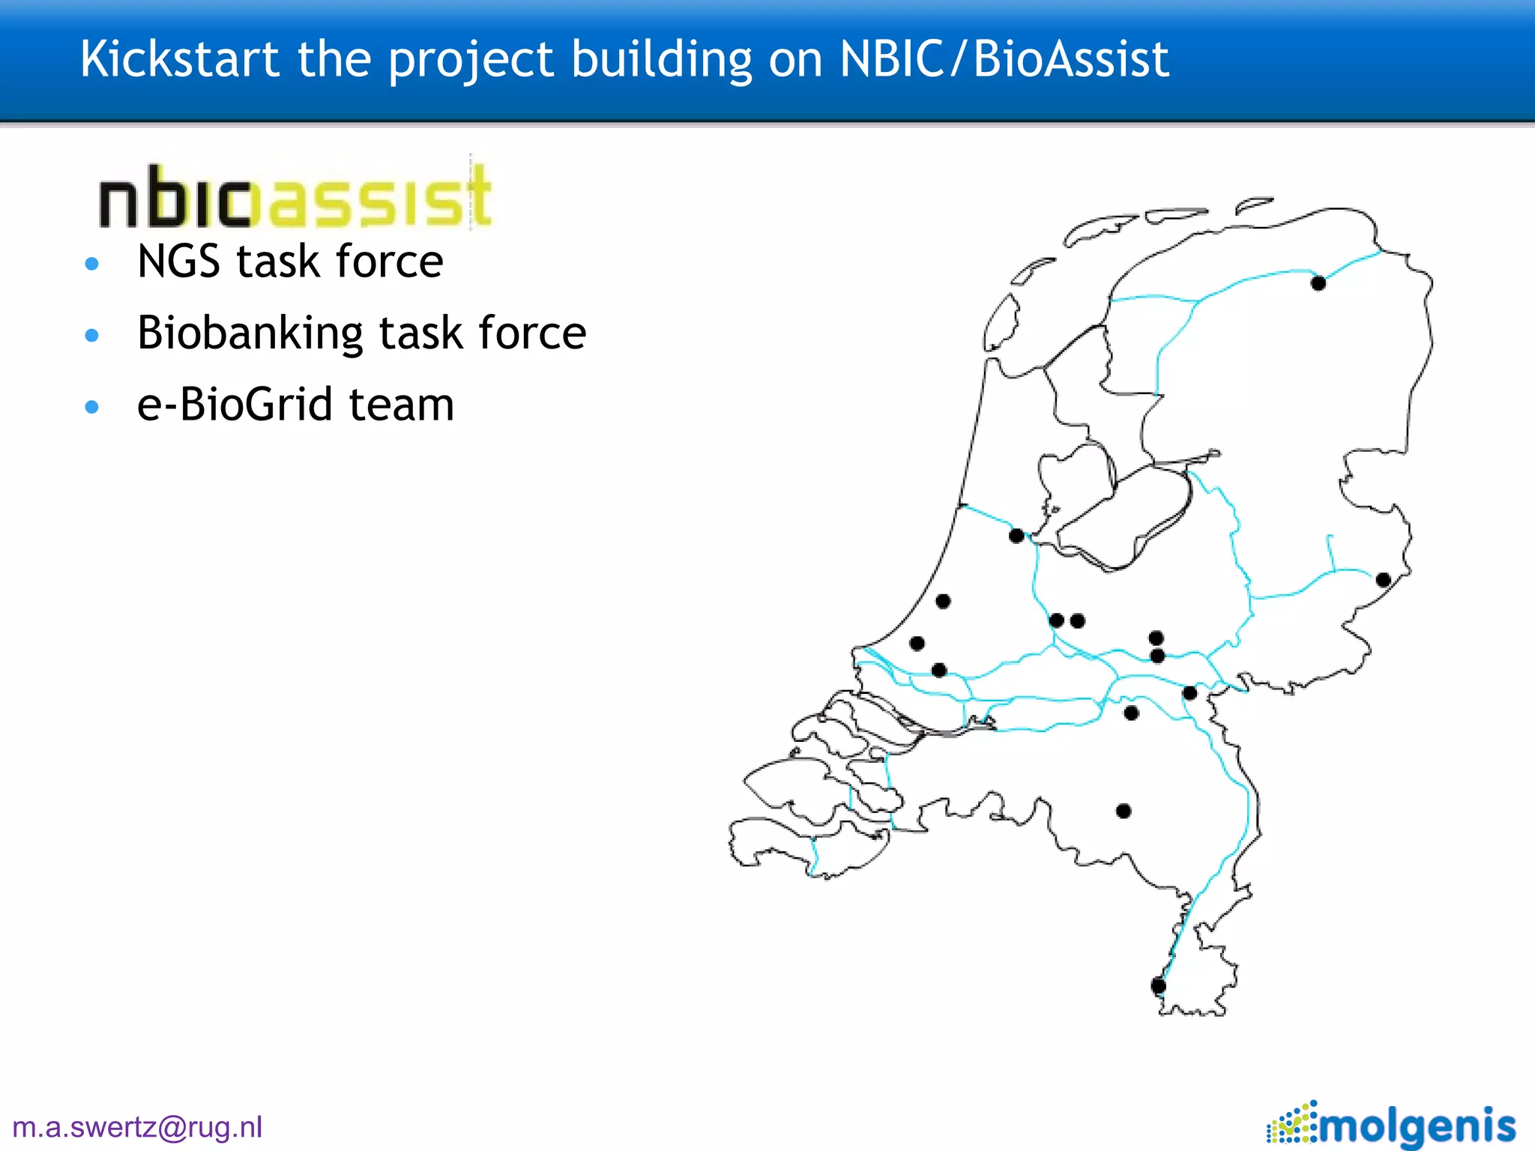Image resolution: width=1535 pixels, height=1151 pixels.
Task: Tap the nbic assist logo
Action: (295, 196)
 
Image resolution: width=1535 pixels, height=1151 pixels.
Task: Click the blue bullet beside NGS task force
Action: (92, 263)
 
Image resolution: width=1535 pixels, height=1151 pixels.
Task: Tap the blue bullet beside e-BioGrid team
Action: (92, 407)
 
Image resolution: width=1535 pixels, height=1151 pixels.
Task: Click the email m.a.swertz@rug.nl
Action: (138, 1127)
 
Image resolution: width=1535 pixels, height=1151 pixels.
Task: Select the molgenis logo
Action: (1391, 1124)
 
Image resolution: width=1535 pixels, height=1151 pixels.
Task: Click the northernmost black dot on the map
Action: (1318, 283)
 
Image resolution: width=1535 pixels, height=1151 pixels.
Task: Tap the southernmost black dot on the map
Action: (1158, 985)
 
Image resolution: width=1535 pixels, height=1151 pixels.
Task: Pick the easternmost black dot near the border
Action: (1384, 579)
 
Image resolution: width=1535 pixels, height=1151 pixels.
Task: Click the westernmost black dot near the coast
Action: (917, 643)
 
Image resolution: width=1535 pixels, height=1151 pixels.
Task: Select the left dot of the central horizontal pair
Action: (1057, 620)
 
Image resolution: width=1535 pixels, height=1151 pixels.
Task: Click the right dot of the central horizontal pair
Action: (1078, 620)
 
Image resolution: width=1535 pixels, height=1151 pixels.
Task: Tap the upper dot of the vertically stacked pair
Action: (1156, 638)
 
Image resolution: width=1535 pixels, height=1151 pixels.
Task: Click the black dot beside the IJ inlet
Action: (1016, 536)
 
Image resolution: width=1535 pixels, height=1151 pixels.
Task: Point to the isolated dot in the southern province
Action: (1124, 811)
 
